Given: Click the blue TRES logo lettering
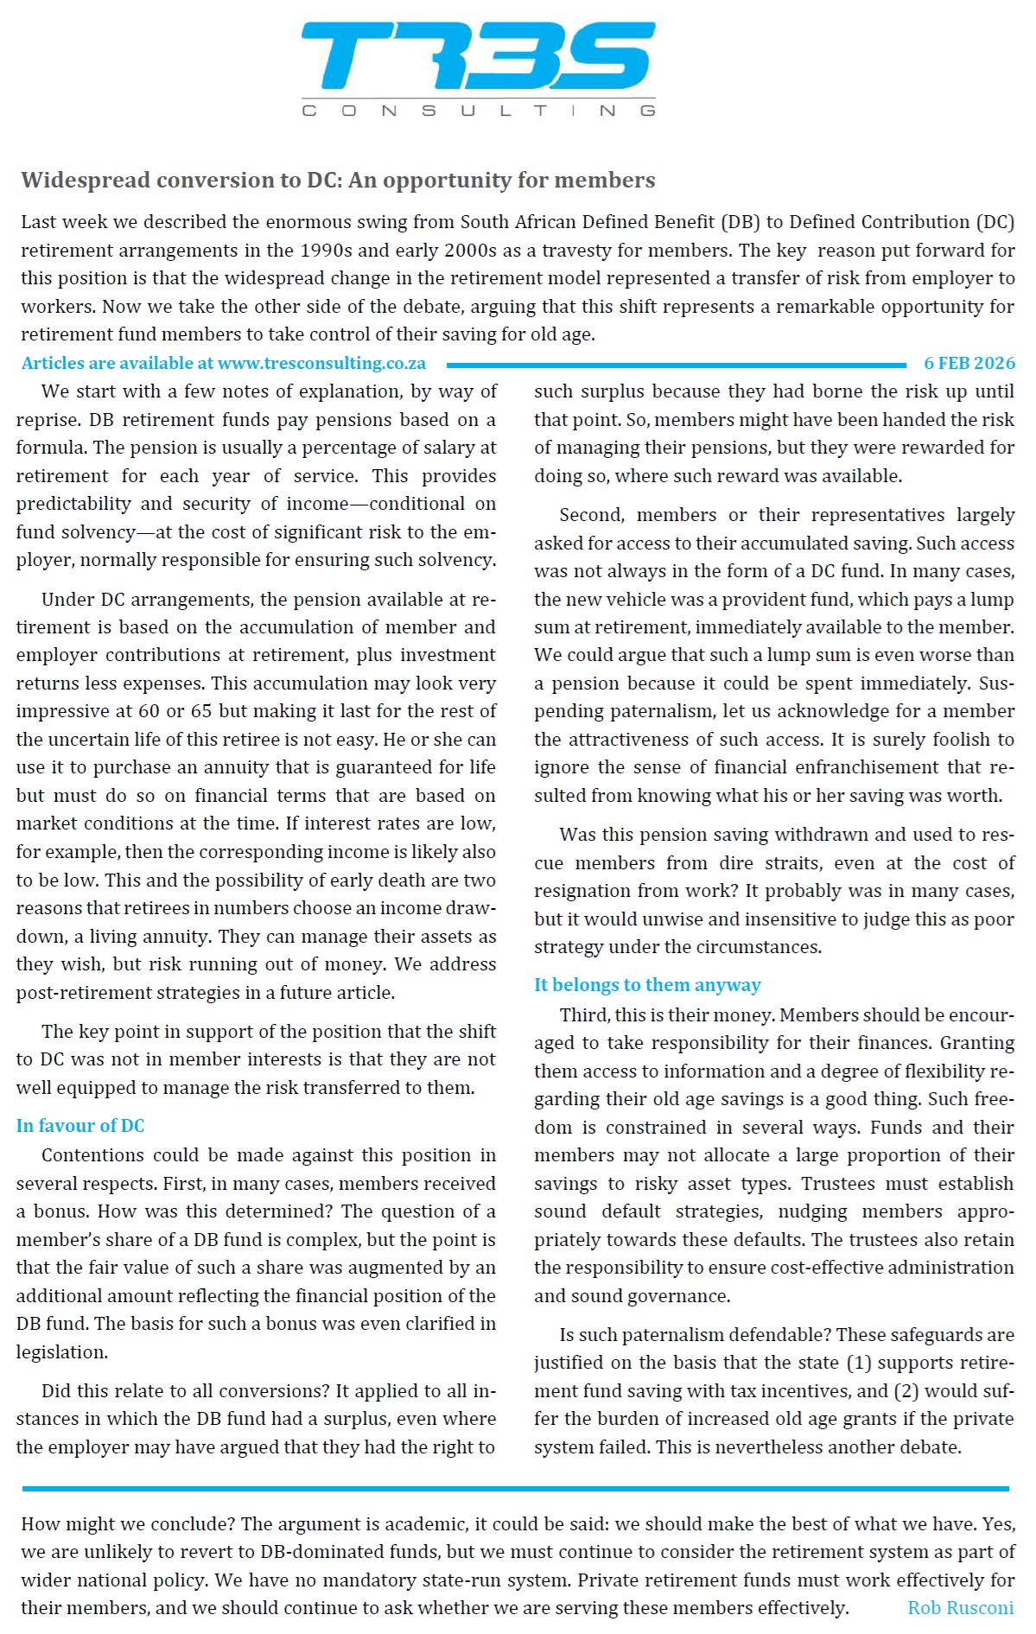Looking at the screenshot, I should point(478,56).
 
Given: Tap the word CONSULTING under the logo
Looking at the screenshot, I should point(478,111).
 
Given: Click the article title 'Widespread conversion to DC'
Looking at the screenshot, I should point(338,180).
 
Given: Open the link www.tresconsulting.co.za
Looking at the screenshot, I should point(321,363).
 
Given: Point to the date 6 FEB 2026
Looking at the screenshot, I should point(969,363).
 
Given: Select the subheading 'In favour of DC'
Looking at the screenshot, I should point(79,1125).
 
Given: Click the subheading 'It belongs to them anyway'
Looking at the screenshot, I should point(646,984).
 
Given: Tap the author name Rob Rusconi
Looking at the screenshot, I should point(960,1607).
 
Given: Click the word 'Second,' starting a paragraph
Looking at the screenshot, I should point(591,515).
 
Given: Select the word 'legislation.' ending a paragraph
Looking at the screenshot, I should point(49,1351).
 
